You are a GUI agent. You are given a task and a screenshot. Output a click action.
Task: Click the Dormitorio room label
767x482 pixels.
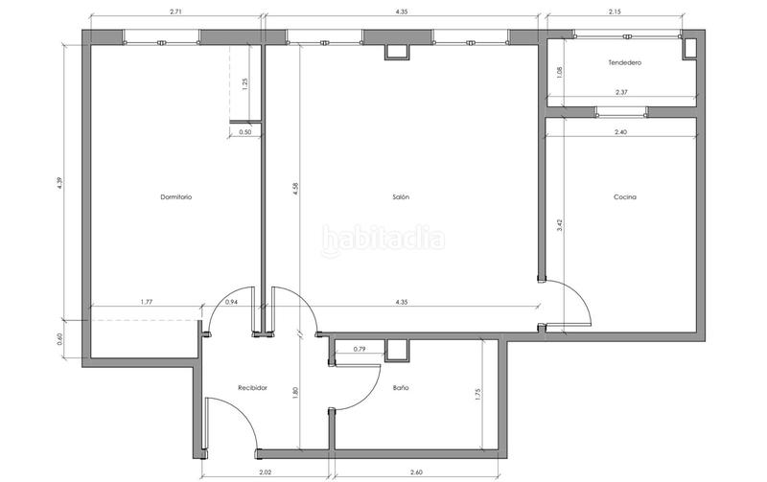pos(175,197)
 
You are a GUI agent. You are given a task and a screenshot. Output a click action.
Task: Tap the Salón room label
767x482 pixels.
pos(401,197)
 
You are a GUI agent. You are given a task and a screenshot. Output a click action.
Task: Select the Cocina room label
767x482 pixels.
pos(625,197)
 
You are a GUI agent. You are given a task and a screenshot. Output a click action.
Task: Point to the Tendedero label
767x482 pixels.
pos(624,63)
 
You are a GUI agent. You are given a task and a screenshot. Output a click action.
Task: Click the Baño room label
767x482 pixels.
pos(401,388)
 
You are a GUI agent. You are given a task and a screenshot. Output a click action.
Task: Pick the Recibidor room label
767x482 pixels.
pos(252,388)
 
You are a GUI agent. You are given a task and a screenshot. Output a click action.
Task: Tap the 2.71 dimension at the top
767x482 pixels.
pos(175,11)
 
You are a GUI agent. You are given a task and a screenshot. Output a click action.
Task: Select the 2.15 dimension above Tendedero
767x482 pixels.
pos(614,11)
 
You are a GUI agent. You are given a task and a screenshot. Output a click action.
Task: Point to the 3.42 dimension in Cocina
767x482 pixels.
pos(560,226)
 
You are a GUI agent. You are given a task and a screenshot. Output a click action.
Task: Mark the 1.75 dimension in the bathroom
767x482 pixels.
pos(477,393)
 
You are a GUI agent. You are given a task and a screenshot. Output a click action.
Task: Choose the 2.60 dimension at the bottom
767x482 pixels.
pos(414,471)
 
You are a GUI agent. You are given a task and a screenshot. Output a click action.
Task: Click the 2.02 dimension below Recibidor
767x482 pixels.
pos(266,471)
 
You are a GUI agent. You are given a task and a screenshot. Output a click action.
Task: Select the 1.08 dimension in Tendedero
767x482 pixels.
pos(560,71)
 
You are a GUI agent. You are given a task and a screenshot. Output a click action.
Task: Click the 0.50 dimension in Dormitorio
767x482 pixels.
pos(244,132)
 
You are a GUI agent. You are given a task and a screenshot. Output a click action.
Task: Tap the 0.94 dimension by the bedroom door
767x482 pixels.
pos(231,303)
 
